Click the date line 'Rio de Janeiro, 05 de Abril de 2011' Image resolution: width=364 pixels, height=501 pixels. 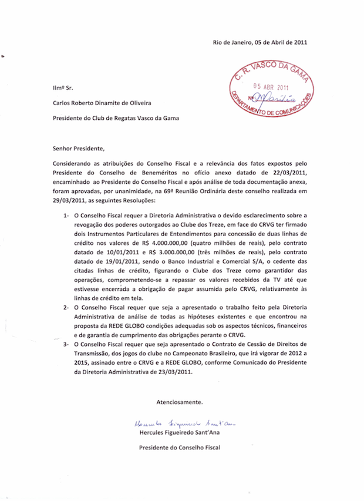pos(260,42)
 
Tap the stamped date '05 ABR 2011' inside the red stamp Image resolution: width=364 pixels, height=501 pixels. pos(268,86)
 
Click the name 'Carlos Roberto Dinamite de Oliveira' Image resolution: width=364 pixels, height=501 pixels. pos(101,103)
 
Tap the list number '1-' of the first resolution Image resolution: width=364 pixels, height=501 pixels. pos(66,216)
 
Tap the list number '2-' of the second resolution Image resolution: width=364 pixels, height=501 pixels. pos(66,307)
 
